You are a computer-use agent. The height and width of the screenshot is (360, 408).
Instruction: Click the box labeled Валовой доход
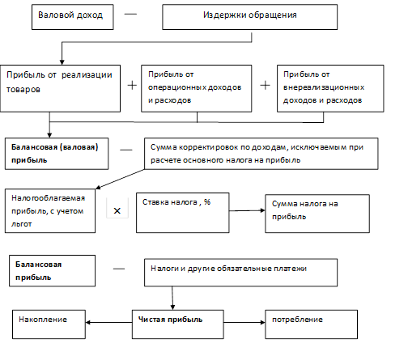(73, 17)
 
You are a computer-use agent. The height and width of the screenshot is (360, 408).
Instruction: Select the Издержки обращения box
(249, 17)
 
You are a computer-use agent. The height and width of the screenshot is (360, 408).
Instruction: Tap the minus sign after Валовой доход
(130, 14)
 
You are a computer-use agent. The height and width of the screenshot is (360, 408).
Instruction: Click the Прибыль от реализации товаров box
(60, 88)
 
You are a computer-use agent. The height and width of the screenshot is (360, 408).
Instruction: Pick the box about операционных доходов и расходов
(197, 88)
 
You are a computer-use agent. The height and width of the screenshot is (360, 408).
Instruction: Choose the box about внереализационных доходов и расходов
(330, 88)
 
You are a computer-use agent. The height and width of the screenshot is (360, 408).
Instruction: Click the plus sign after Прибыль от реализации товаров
(132, 86)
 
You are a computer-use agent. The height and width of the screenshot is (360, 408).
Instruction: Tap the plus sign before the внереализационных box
(265, 86)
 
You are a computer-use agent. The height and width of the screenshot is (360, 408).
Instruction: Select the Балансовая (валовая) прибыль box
(57, 154)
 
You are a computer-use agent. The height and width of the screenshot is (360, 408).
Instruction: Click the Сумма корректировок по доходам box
(261, 154)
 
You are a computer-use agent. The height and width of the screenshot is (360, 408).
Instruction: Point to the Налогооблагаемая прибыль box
(50, 211)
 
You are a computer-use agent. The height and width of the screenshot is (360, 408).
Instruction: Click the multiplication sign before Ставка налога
(117, 211)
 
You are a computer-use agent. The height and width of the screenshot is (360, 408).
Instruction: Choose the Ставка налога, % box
(183, 213)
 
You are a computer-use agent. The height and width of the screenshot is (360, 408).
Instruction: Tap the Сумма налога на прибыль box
(317, 214)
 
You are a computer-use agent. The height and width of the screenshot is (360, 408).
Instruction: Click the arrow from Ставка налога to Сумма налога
(247, 210)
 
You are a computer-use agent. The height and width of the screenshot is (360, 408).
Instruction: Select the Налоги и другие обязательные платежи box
(240, 273)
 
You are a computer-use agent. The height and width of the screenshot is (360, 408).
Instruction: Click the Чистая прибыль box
(178, 324)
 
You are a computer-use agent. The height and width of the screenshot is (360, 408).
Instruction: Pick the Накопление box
(49, 324)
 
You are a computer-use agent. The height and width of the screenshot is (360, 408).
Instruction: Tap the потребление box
(312, 324)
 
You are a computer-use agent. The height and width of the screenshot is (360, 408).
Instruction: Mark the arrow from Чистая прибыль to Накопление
(108, 322)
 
